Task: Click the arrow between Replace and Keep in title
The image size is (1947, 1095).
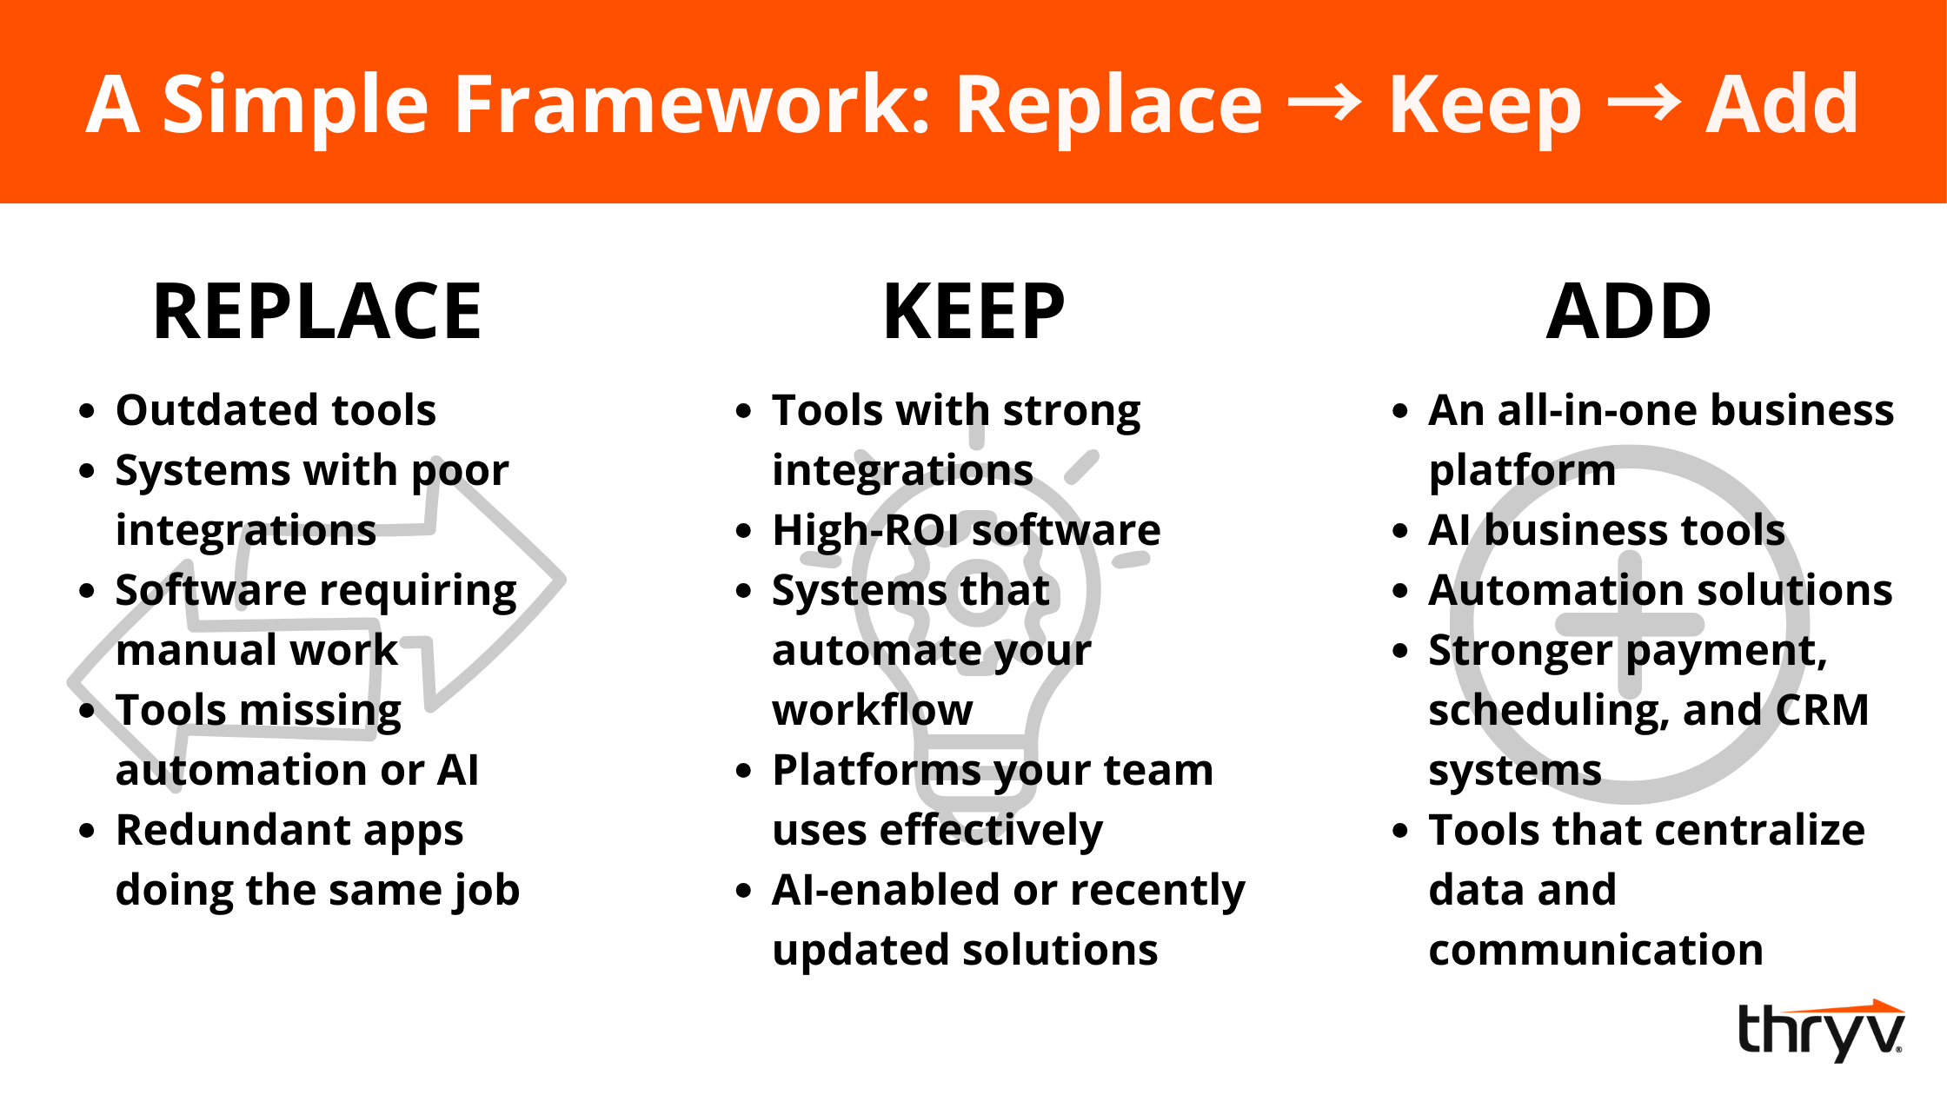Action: click(1325, 104)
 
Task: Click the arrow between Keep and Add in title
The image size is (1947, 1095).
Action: click(1644, 104)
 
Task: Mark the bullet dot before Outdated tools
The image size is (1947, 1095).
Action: click(86, 411)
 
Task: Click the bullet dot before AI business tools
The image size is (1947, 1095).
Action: click(1399, 531)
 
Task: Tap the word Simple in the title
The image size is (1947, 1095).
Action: click(296, 106)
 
